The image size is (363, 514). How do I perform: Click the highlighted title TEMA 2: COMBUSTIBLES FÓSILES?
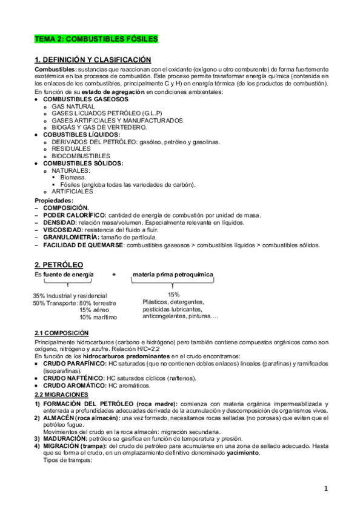tap(96, 39)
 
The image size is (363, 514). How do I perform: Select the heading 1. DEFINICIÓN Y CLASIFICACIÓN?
tap(92, 60)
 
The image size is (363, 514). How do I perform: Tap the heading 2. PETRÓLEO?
tap(59, 265)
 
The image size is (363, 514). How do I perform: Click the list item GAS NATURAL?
tap(73, 105)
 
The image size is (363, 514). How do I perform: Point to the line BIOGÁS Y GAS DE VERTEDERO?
tap(99, 127)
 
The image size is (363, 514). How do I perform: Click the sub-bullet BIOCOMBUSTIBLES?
tap(81, 156)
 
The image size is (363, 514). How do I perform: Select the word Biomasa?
tap(73, 178)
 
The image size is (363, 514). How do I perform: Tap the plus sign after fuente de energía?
tap(114, 275)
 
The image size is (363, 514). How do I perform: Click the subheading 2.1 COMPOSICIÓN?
tap(62, 333)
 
